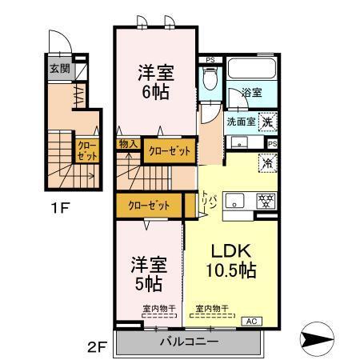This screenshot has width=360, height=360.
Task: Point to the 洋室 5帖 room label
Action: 147,272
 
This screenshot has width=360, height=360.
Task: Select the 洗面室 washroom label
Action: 241,122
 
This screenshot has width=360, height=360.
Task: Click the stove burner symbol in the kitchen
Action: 261,200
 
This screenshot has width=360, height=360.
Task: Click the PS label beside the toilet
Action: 210,59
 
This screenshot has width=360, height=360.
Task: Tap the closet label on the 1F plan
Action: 86,150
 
